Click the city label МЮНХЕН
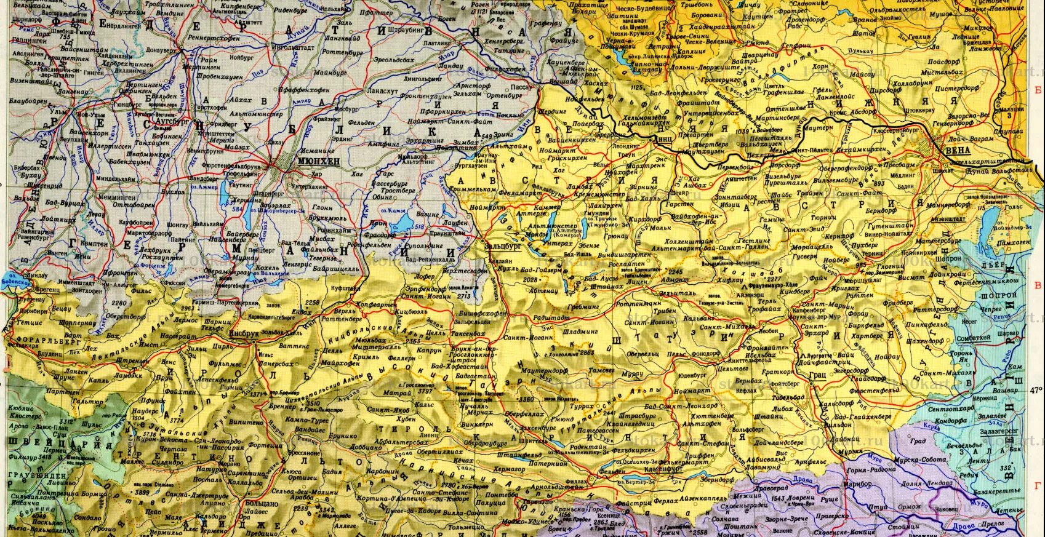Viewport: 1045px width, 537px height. [318, 160]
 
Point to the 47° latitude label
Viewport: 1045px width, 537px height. [1036, 389]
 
